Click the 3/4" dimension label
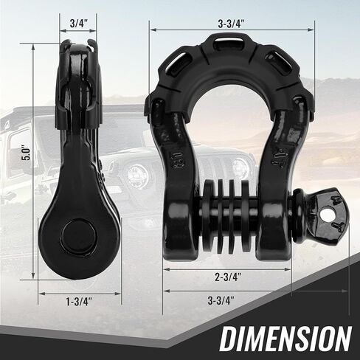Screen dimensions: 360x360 pyautogui.click(x=78, y=23)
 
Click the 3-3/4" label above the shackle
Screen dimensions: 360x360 pyautogui.click(x=231, y=22)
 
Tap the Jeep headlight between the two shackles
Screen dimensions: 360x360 pyautogui.click(x=136, y=175)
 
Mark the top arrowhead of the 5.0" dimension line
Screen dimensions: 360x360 pyautogui.click(x=34, y=44)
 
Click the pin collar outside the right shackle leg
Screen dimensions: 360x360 pyautogui.click(x=298, y=206)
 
